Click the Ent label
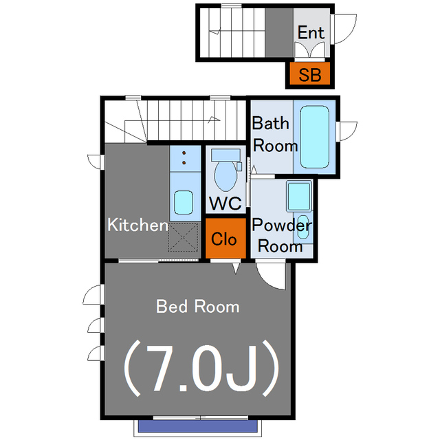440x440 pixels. pyautogui.click(x=311, y=32)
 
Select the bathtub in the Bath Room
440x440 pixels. pyautogui.click(x=314, y=137)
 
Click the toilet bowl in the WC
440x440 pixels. pyautogui.click(x=225, y=176)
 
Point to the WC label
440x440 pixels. pyautogui.click(x=225, y=203)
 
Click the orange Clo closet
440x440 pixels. pyautogui.click(x=225, y=238)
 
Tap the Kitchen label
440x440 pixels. pyautogui.click(x=137, y=225)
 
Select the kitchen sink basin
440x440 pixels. pyautogui.click(x=184, y=202)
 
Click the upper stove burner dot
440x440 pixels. pyautogui.click(x=184, y=153)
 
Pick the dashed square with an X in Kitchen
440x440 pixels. pyautogui.click(x=184, y=237)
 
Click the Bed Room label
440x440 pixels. pyautogui.click(x=198, y=307)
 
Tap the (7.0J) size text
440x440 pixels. pyautogui.click(x=201, y=368)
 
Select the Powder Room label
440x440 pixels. pyautogui.click(x=281, y=235)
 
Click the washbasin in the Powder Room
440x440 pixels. pyautogui.click(x=303, y=227)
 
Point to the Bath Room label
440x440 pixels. pyautogui.click(x=274, y=135)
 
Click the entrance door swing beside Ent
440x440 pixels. pyautogui.click(x=344, y=29)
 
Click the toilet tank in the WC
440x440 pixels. pyautogui.click(x=225, y=155)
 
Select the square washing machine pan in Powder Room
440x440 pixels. pyautogui.click(x=299, y=196)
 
